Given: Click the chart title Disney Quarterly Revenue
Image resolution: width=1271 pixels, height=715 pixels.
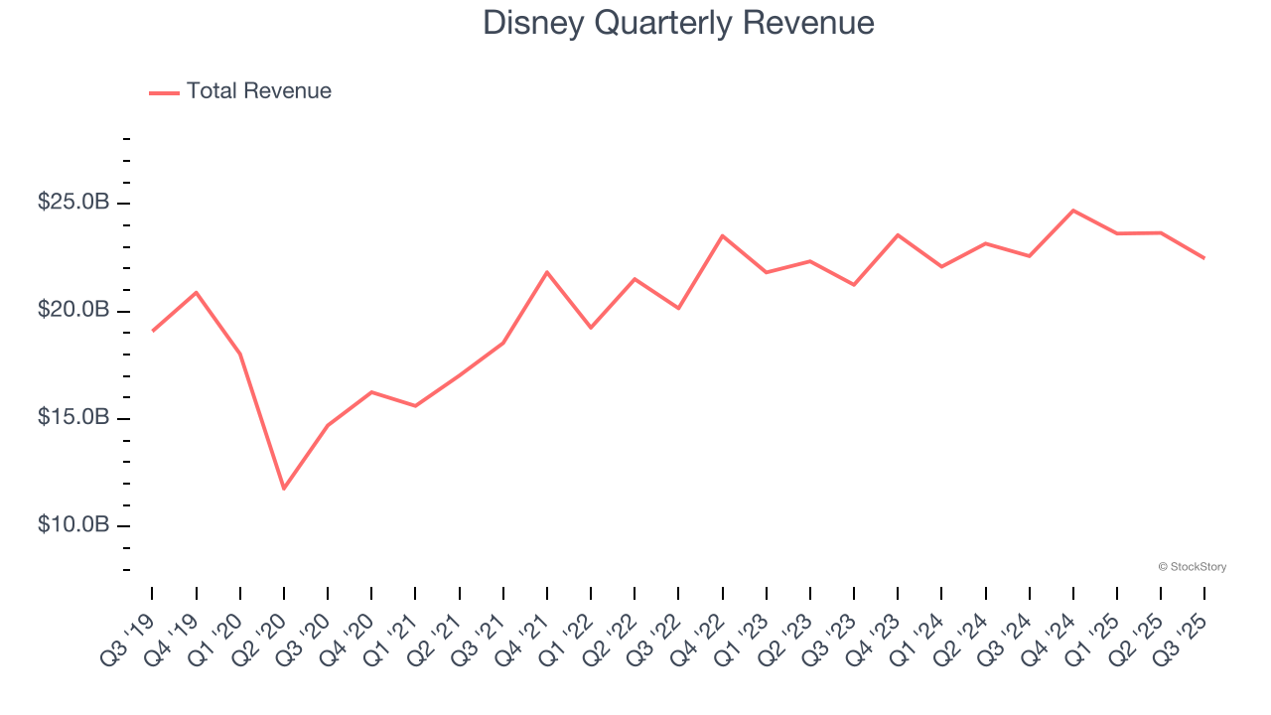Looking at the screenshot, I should pyautogui.click(x=678, y=23).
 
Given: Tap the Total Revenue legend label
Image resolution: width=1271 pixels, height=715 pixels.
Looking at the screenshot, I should pyautogui.click(x=258, y=91).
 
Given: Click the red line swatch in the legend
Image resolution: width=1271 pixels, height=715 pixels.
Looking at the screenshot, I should pyautogui.click(x=164, y=92).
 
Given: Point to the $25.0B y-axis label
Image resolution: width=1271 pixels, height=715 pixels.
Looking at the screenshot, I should pyautogui.click(x=73, y=203).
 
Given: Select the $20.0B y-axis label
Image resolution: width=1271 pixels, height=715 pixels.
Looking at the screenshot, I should pyautogui.click(x=73, y=310).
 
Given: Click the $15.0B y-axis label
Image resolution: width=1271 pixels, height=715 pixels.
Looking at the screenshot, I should pyautogui.click(x=73, y=417).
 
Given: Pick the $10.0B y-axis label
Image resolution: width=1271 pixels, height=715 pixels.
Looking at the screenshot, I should pyautogui.click(x=73, y=524).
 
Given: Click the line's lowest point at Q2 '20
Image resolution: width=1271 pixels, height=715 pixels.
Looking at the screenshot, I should pyautogui.click(x=284, y=489).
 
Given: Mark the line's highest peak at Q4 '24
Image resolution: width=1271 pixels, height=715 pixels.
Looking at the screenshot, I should pyautogui.click(x=1073, y=211).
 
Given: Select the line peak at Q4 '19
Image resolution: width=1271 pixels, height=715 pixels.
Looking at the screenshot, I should pyautogui.click(x=197, y=292).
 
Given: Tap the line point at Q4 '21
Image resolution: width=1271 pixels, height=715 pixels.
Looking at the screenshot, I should pyautogui.click(x=547, y=272).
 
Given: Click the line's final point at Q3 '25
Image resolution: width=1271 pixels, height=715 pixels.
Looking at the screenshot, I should pyautogui.click(x=1204, y=258).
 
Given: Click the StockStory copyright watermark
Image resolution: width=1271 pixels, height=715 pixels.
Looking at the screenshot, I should pyautogui.click(x=1192, y=567).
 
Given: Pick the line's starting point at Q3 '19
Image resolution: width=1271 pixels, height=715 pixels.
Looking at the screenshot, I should pyautogui.click(x=153, y=331).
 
